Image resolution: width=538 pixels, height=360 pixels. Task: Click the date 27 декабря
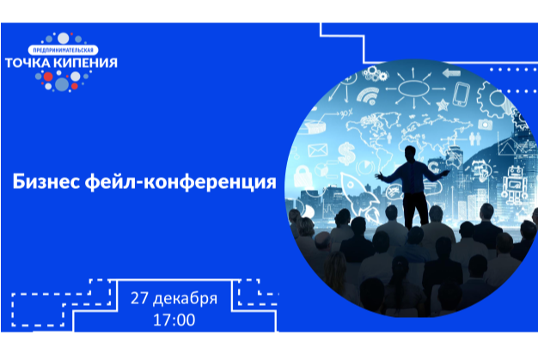point(174,299)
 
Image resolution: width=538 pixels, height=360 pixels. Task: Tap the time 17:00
point(174,320)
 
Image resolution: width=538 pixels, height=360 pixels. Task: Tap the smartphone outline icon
point(461,93)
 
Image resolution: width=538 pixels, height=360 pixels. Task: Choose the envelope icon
point(315,151)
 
